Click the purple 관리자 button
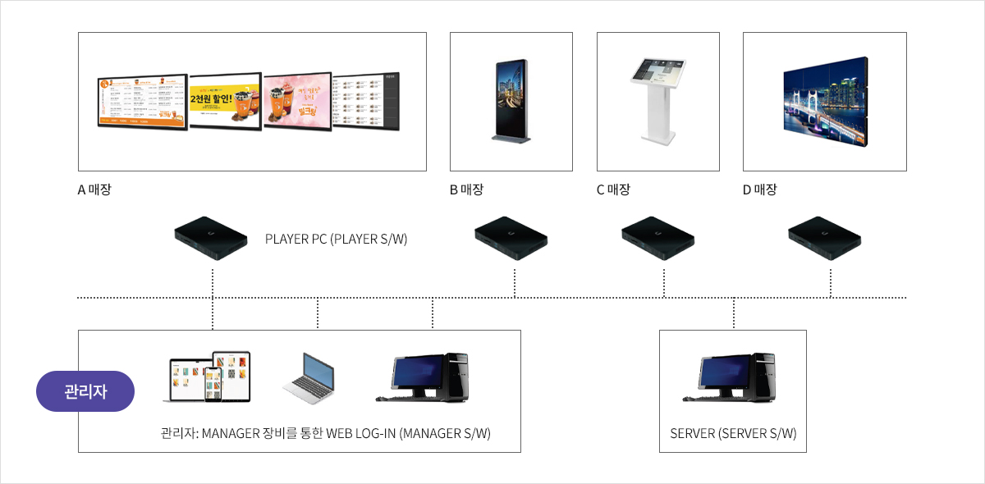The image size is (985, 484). [x=85, y=391]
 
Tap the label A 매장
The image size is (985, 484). [x=94, y=189]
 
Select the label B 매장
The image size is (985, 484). [x=466, y=189]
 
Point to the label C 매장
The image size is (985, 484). [x=613, y=189]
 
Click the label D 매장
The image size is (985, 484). [x=759, y=189]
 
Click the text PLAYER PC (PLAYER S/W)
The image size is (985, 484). [x=336, y=240]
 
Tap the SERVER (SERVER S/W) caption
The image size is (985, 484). [x=733, y=433]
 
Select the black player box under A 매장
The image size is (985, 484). [x=212, y=238]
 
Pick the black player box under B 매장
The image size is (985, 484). [x=512, y=239]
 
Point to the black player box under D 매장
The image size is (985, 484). [x=824, y=239]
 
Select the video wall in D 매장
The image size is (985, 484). [x=825, y=102]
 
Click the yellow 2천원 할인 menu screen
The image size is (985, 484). [x=226, y=102]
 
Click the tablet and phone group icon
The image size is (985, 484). [x=208, y=377]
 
